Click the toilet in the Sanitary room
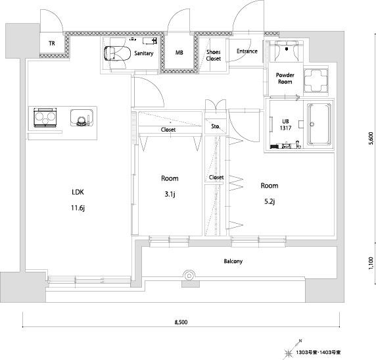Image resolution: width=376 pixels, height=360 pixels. click(117, 53)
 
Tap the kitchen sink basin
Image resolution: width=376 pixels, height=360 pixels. click(82, 118)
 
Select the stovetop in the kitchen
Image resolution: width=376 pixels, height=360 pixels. click(45, 117)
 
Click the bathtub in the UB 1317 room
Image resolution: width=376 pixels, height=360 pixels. click(319, 124)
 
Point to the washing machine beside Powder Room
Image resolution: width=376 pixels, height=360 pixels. click(316, 80)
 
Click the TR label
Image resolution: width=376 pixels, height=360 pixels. click(52, 43)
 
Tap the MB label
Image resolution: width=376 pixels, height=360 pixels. click(179, 53)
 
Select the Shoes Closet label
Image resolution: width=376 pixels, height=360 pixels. click(214, 55)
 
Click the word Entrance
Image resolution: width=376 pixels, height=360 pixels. click(247, 51)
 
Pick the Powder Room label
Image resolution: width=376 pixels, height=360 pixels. click(285, 78)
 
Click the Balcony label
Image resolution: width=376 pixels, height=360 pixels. click(233, 261)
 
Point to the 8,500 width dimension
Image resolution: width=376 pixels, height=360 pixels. click(181, 322)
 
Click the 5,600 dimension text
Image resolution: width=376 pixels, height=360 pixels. click(371, 138)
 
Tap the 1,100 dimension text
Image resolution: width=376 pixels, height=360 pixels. click(371, 263)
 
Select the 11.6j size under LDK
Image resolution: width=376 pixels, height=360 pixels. click(78, 208)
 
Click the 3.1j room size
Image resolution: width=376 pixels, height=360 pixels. click(170, 194)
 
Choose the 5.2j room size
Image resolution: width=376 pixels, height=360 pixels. click(270, 201)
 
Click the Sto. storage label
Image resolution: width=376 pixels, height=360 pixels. click(216, 126)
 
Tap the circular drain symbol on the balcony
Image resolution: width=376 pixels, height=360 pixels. click(189, 276)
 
